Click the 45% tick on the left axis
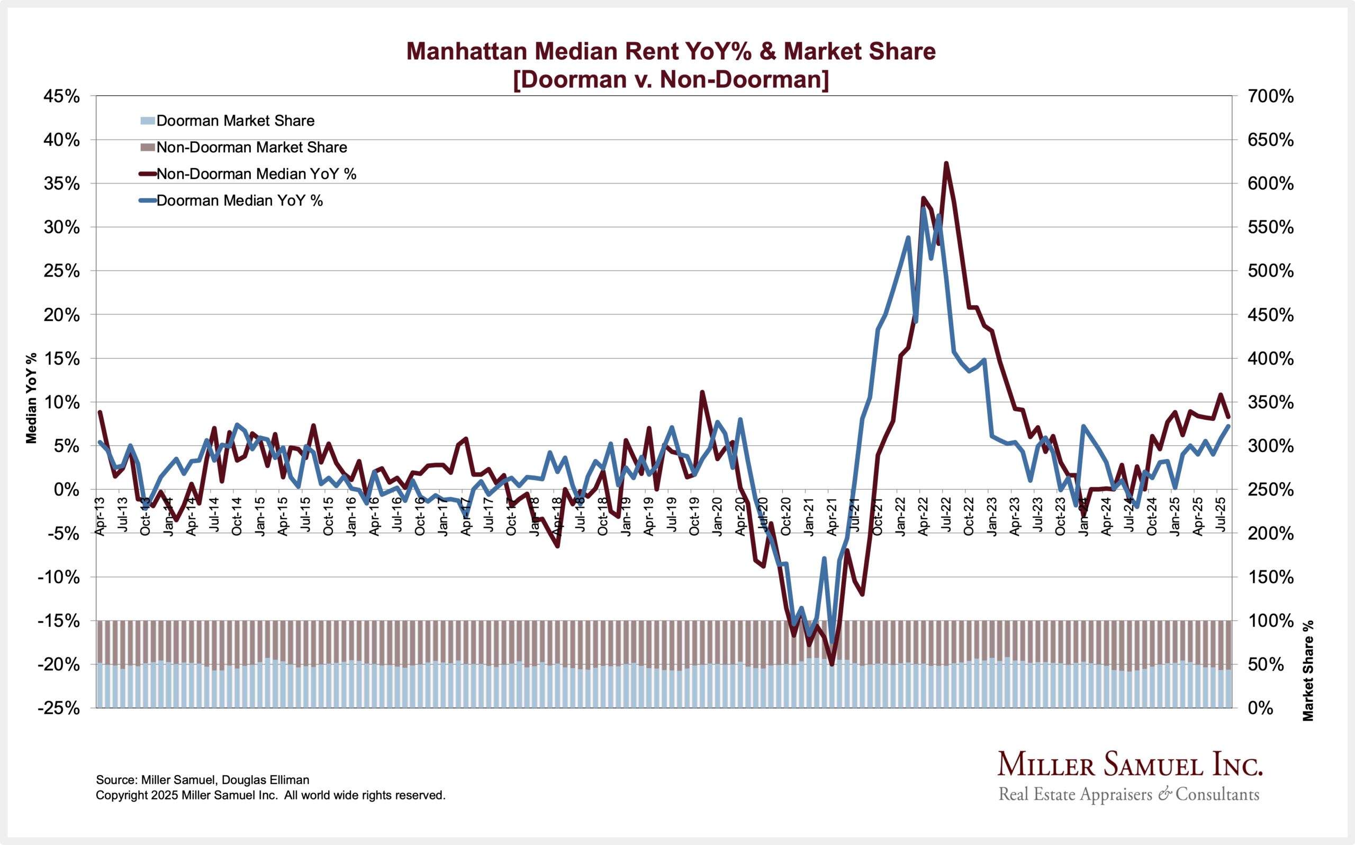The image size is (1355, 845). [x=61, y=97]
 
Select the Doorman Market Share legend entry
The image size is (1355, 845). [x=235, y=121]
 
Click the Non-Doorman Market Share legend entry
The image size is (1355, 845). [x=251, y=148]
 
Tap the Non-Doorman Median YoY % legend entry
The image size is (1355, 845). [x=256, y=174]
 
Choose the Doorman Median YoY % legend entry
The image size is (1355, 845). [x=239, y=200]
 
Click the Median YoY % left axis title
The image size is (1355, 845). [x=31, y=398]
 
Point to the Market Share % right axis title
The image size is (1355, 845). [x=1307, y=670]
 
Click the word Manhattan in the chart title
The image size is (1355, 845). [x=466, y=51]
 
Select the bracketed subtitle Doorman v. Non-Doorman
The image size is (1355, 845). [x=671, y=79]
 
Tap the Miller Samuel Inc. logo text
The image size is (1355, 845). [x=1130, y=765]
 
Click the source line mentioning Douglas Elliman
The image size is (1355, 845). [x=202, y=779]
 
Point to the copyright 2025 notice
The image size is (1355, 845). [x=270, y=795]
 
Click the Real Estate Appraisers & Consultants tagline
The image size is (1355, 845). [x=1128, y=795]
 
